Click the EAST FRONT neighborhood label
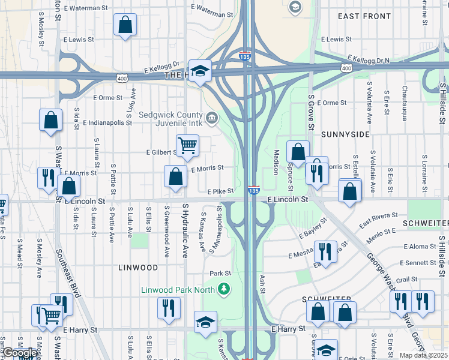coord(364,16)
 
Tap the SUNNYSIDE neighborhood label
coord(345,134)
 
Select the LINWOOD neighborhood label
coord(138,267)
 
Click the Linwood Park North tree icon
coord(224,290)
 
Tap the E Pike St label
coord(220,191)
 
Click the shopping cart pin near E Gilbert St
coord(187,145)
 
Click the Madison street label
coord(277,162)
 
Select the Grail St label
coord(406,279)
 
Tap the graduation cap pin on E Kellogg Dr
coord(200,70)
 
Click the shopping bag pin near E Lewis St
coord(125,25)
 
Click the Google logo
coord(19,353)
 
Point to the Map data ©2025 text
coord(424,355)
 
